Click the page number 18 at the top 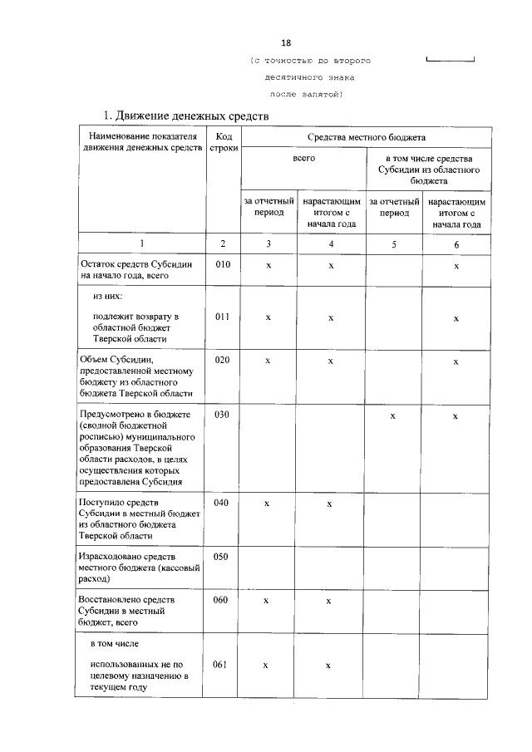[287, 42]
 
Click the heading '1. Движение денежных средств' [185, 115]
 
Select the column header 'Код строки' [224, 142]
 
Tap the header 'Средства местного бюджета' [366, 136]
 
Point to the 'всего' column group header [303, 157]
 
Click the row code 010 [221, 264]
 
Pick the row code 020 [221, 361]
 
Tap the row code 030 [221, 414]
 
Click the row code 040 [221, 503]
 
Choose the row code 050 [221, 556]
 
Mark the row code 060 [221, 599]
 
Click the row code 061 [221, 664]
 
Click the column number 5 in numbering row [394, 243]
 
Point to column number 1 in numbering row [141, 243]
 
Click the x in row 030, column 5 [393, 415]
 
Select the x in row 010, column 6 [456, 265]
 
